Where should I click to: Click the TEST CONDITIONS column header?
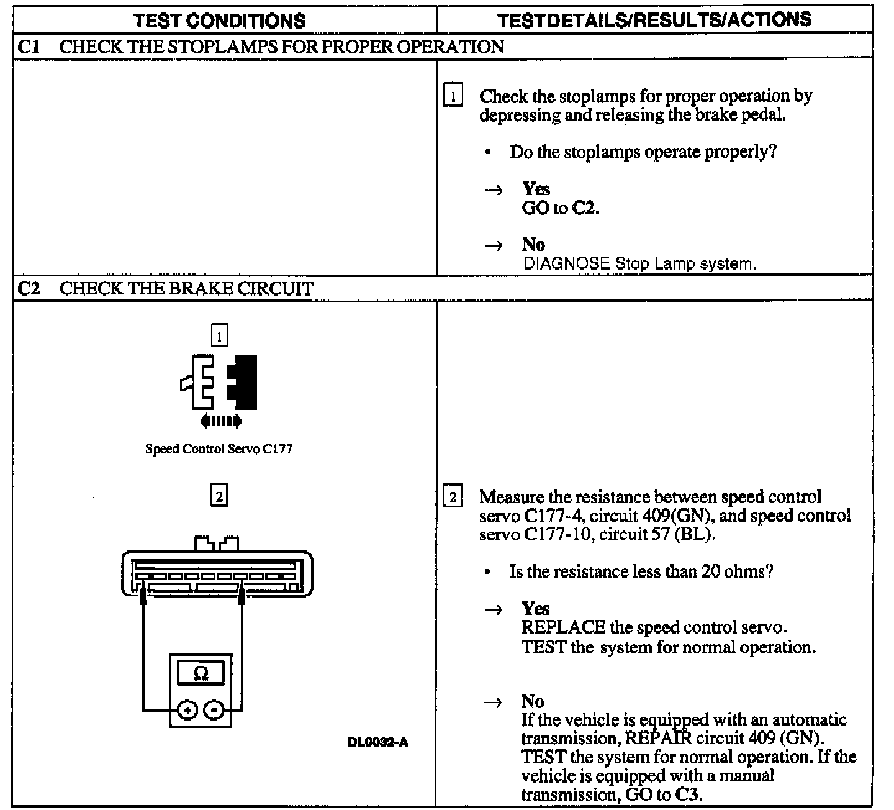[x=220, y=20]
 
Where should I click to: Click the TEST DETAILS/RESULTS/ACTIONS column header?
[x=654, y=20]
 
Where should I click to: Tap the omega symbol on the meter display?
[x=201, y=673]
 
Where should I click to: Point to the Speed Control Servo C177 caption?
[x=219, y=448]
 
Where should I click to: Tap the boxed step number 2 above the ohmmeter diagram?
[x=219, y=496]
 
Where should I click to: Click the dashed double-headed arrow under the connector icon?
[x=221, y=422]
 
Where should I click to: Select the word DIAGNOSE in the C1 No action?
[x=566, y=263]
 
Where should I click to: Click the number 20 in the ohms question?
[x=710, y=571]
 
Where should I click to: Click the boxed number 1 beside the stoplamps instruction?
[x=453, y=97]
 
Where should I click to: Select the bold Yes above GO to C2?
[x=536, y=189]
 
